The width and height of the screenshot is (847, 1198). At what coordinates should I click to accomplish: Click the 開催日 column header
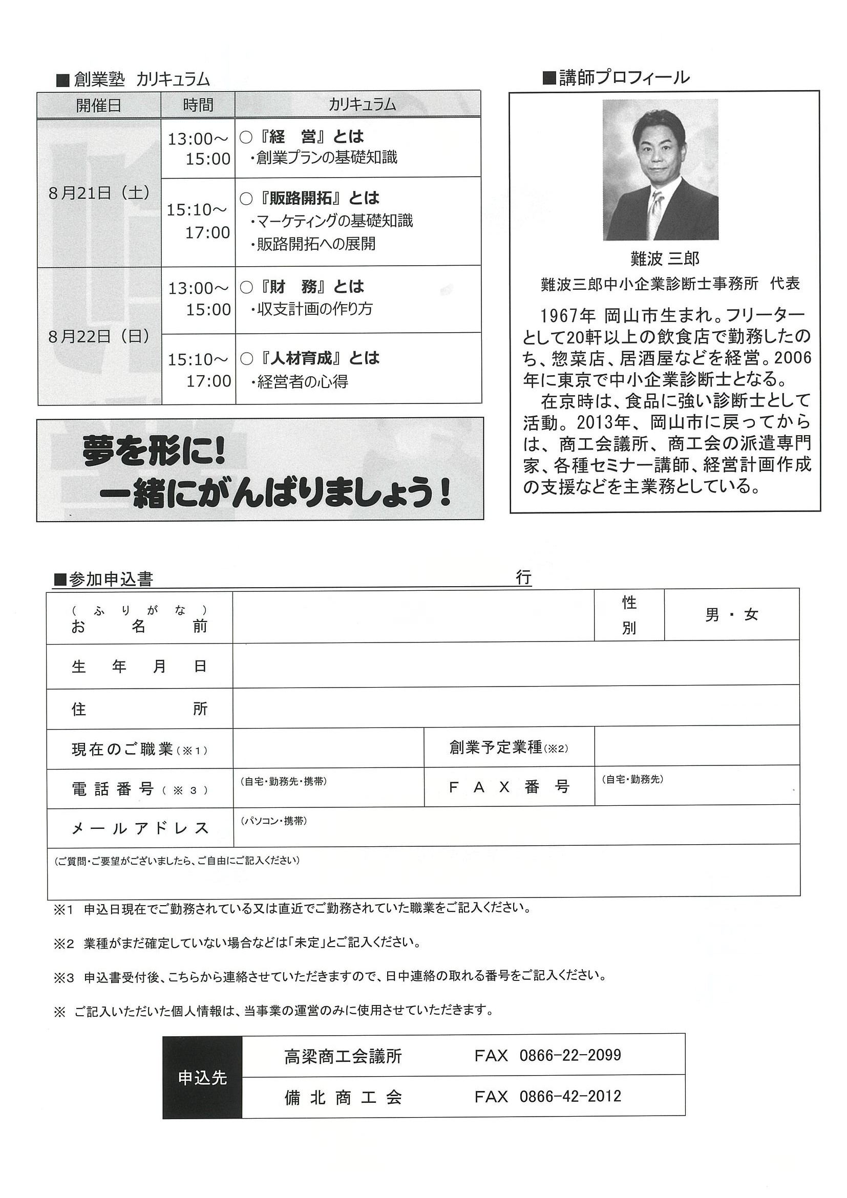(99, 105)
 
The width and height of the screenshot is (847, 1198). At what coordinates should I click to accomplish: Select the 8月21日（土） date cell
(99, 194)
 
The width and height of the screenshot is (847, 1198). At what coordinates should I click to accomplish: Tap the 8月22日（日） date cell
(99, 336)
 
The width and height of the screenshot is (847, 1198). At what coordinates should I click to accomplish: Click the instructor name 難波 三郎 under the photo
(664, 259)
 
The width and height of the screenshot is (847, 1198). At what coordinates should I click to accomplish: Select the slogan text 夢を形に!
(154, 453)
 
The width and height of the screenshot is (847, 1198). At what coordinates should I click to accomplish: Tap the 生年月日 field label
(139, 666)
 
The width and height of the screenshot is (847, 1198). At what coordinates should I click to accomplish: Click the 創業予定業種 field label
(509, 747)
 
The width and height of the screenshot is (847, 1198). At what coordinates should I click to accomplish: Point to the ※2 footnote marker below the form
(64, 944)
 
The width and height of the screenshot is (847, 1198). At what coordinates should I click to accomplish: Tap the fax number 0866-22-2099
(570, 1056)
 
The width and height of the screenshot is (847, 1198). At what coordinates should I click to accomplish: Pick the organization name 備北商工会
(343, 1097)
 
